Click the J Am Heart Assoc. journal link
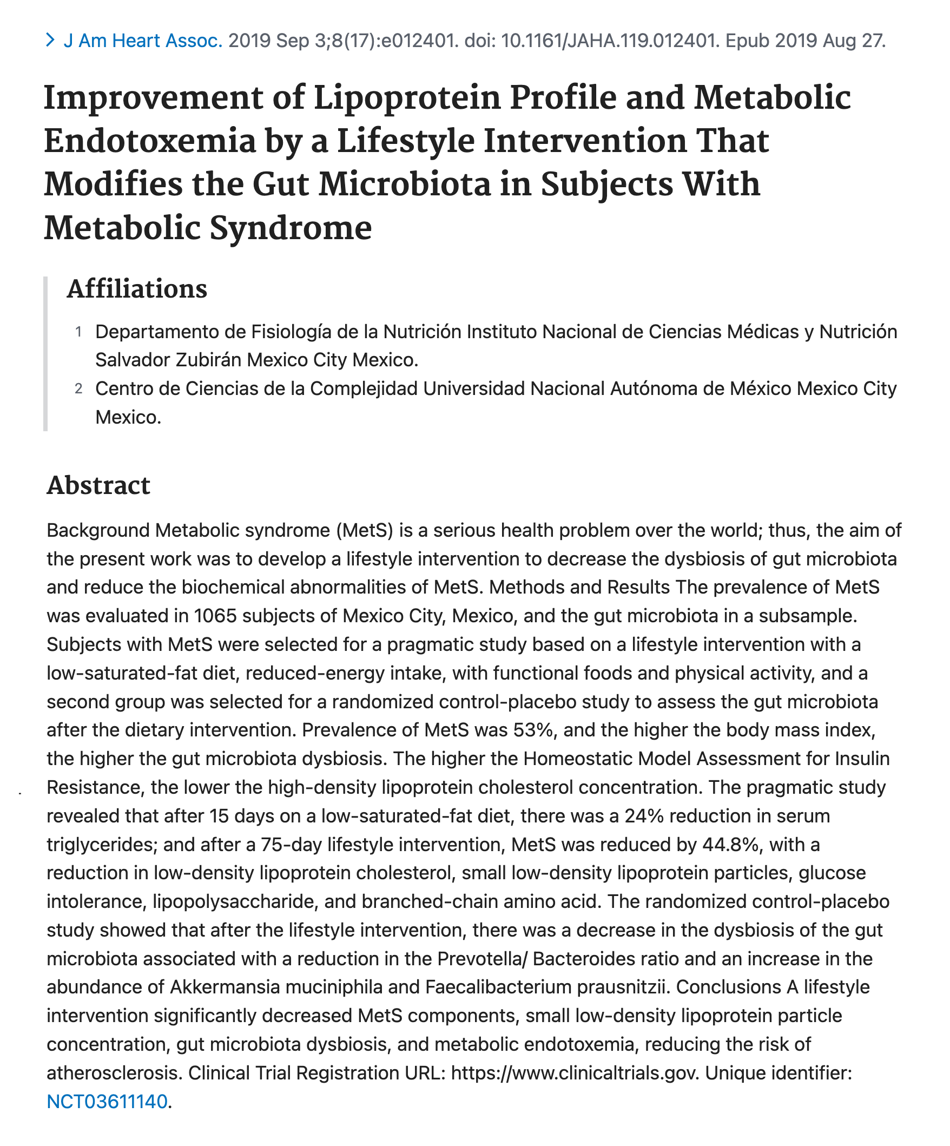(143, 41)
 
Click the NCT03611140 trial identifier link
(107, 1101)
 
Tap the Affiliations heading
(137, 289)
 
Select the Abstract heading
(98, 485)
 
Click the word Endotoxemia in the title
(149, 141)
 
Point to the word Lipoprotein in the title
(407, 98)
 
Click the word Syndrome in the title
(291, 228)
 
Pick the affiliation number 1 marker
(78, 332)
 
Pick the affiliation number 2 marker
(78, 388)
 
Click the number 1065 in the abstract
(215, 616)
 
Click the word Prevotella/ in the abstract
(483, 958)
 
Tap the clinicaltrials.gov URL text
(575, 1073)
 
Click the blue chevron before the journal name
(50, 40)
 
